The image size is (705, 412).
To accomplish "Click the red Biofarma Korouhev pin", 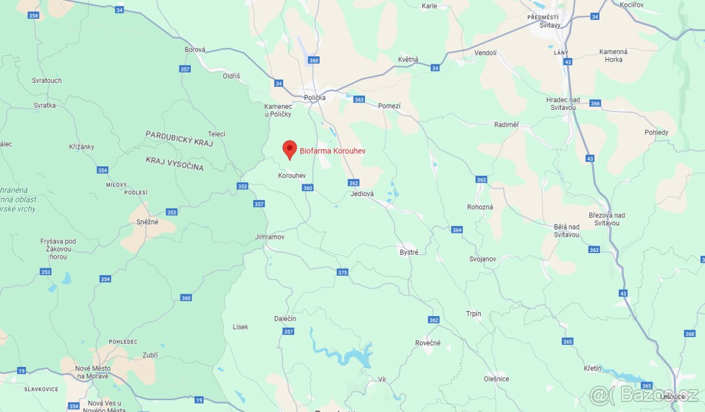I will (289, 149).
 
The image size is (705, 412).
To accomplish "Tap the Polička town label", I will (315, 97).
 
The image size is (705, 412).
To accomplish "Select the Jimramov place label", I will (270, 237).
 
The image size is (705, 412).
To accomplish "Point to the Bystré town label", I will (409, 252).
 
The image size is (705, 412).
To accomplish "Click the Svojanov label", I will (482, 259).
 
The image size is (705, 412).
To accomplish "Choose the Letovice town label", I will (672, 396).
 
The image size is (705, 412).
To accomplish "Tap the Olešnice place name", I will (496, 379).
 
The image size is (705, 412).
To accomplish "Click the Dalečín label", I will (285, 318).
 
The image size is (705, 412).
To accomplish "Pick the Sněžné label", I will (147, 222).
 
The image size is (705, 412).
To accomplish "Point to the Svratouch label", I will (47, 80).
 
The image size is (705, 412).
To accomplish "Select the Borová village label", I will (195, 50).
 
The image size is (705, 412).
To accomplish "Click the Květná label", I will (408, 59).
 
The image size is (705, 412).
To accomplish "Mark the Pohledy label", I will (656, 132).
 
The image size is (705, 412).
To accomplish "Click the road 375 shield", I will (343, 272).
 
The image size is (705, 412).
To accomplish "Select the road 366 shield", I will (595, 103).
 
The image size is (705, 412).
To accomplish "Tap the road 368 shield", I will (690, 333).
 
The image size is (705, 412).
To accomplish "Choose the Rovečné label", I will (428, 343).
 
